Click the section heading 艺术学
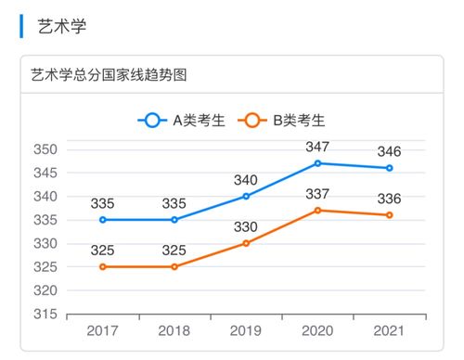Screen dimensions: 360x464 pos(62,25)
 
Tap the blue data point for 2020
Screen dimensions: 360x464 pos(318,163)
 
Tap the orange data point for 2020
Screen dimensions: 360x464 pos(318,211)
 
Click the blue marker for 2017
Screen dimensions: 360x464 pos(103,220)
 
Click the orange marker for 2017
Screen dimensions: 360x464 pos(103,266)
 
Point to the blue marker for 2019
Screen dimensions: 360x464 pos(246,196)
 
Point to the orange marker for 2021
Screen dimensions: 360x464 pos(390,215)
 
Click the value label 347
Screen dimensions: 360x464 pos(318,147)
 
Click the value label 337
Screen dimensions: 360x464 pos(318,193)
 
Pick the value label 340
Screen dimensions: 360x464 pos(246,180)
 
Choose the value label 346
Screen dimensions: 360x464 pos(390,151)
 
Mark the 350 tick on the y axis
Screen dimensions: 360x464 pos(46,149)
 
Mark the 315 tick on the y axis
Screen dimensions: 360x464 pos(46,314)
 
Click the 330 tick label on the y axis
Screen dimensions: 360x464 pos(46,243)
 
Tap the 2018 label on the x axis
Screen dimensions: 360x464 pos(174,331)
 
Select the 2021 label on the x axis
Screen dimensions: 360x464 pos(390,331)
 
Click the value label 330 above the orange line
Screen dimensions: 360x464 pos(246,226)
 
